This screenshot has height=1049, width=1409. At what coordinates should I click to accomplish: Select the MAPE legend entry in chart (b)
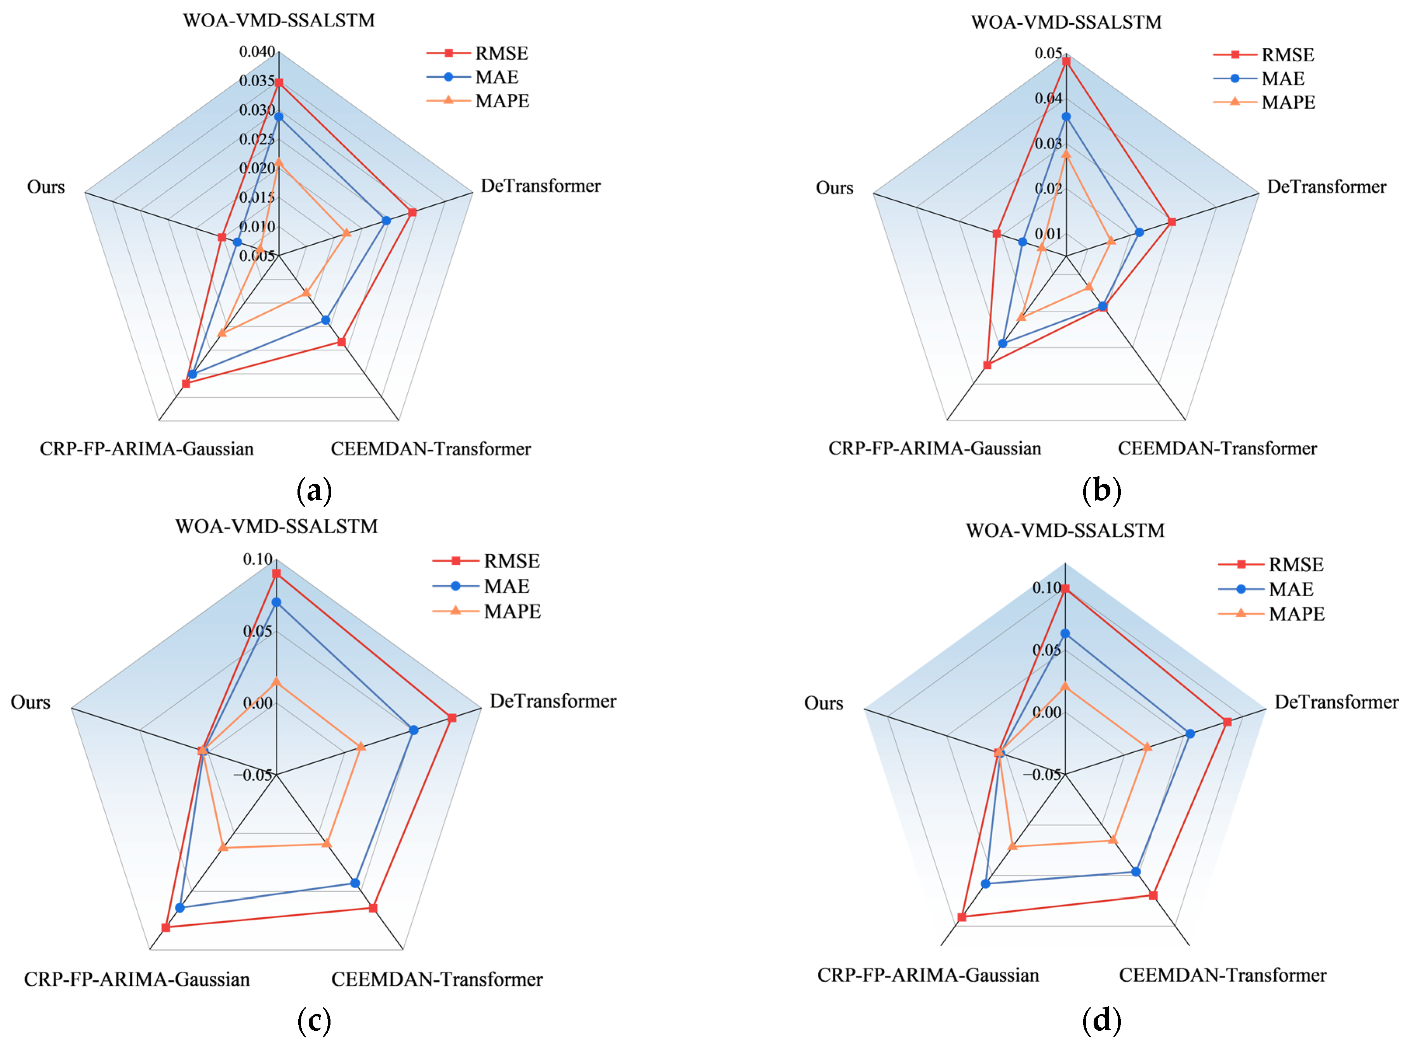[x=1288, y=102]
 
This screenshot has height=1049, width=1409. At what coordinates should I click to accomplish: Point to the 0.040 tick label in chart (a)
[x=257, y=51]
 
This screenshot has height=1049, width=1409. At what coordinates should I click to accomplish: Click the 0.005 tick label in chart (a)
[x=257, y=256]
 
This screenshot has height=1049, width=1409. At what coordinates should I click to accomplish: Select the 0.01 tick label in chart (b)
[x=1048, y=234]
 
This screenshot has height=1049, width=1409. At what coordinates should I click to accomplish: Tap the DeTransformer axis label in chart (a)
[x=540, y=186]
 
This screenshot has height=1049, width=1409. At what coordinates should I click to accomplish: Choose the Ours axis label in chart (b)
[x=834, y=188]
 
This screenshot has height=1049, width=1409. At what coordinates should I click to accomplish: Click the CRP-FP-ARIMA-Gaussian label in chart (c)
[x=137, y=979]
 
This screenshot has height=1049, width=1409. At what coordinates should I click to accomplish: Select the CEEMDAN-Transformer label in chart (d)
[x=1222, y=975]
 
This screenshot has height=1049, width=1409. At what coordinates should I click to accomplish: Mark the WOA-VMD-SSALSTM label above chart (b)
[x=1066, y=22]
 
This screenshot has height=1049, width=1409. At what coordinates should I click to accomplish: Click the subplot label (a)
[x=314, y=491]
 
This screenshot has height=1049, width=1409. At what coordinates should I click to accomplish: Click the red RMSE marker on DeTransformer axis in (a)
[x=412, y=212]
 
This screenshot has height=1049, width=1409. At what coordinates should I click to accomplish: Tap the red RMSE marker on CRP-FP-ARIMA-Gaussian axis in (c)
[x=166, y=928]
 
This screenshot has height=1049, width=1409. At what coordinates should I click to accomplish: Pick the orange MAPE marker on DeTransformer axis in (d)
[x=1147, y=747]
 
